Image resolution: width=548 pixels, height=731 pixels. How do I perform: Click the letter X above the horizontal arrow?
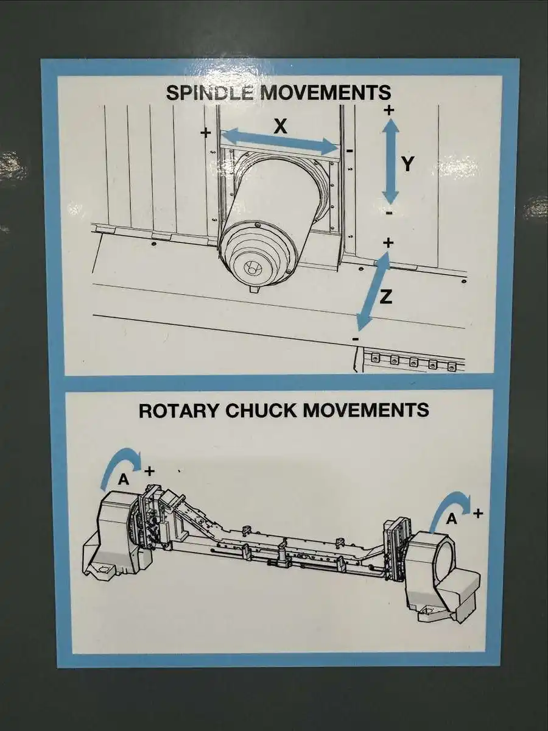point(280,126)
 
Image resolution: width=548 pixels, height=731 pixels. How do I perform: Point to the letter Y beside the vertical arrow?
point(408,164)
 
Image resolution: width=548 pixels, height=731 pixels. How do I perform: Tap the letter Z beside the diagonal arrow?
point(385,296)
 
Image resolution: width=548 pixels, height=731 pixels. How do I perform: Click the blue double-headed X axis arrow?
point(280,142)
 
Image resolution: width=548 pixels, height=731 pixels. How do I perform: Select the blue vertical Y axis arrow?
point(390,161)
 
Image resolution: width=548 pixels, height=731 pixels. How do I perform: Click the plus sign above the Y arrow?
point(388,110)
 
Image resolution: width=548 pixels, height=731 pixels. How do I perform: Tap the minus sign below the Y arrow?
point(390,213)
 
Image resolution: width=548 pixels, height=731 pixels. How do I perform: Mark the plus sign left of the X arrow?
point(206,133)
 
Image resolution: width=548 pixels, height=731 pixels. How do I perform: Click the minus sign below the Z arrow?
point(356,339)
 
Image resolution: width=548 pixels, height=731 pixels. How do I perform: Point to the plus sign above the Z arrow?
point(388,243)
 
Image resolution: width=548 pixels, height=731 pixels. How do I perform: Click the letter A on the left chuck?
point(124,479)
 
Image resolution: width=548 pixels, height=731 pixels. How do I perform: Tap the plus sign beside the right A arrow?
point(478,513)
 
